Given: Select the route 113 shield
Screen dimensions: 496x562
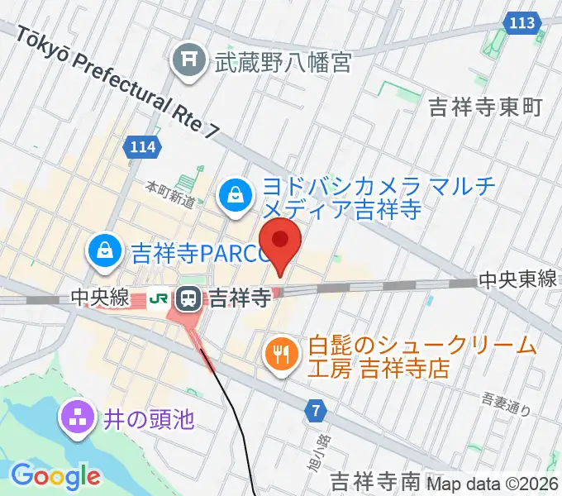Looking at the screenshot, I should coord(522,23).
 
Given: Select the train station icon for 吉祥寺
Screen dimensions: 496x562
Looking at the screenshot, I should coord(191,298).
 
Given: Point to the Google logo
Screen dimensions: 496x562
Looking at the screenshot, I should coord(56,476).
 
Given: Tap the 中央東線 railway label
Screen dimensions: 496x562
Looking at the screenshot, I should coord(518,281).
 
